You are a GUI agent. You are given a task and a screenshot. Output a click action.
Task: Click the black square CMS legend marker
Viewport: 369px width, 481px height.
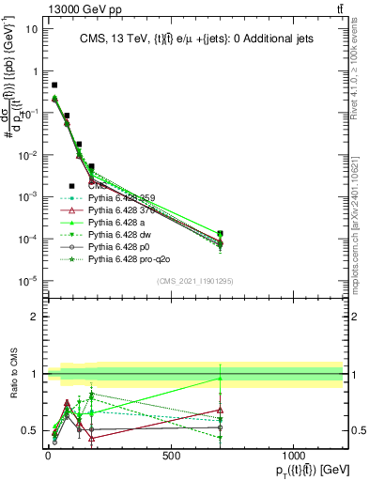tap(71, 186)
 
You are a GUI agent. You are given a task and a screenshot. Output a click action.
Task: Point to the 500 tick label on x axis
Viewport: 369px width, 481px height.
tap(171, 456)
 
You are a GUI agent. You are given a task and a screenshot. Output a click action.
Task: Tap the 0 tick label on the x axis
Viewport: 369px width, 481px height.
tap(48, 456)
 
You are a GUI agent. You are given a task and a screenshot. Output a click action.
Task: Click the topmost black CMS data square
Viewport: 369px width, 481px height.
tap(54, 85)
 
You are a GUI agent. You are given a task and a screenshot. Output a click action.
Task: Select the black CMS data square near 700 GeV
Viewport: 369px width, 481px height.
tap(220, 233)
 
